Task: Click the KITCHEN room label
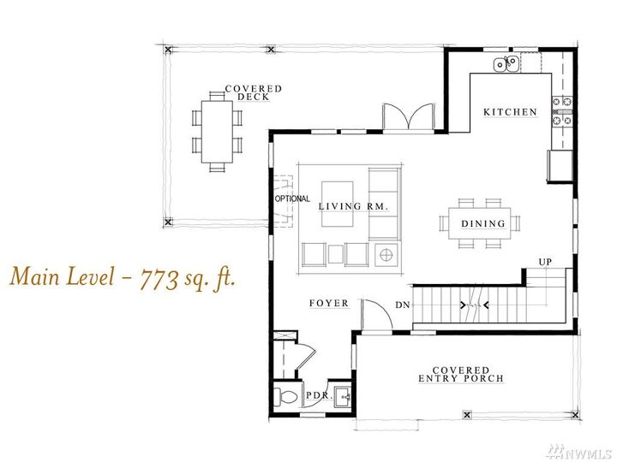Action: [x=510, y=112]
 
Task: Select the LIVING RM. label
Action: [x=353, y=206]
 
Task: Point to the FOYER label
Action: [x=329, y=303]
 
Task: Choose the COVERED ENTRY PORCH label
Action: [x=460, y=374]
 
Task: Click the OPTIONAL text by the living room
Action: [x=292, y=199]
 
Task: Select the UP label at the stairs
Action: [x=544, y=261]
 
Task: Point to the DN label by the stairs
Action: [x=402, y=305]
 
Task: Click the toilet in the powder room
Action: [x=286, y=395]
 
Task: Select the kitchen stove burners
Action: [x=562, y=112]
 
